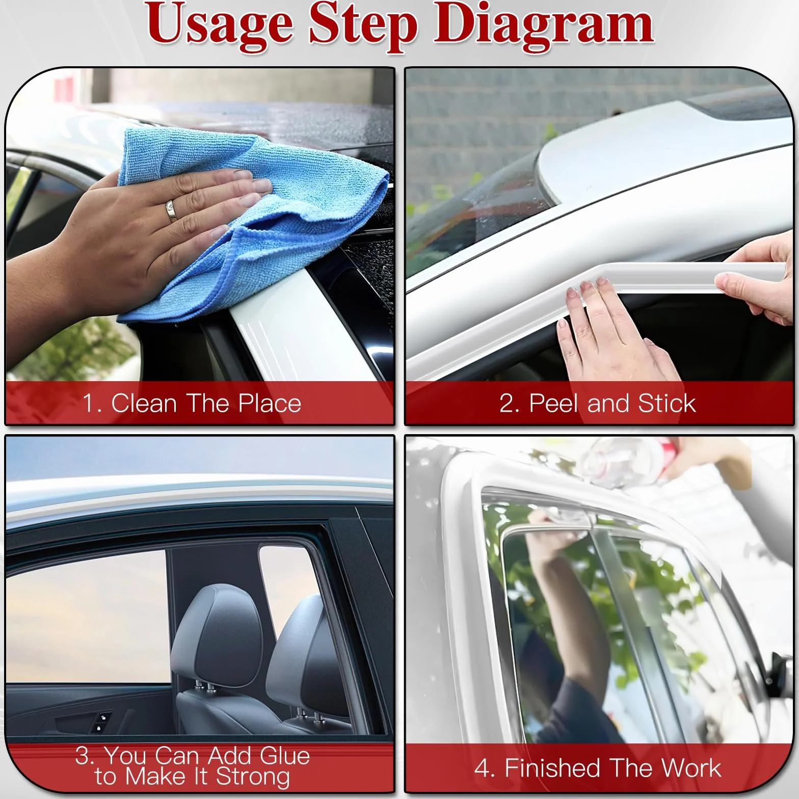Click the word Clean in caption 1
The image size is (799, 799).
point(144,403)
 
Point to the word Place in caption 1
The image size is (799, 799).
point(270,403)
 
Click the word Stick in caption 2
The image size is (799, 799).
point(667,403)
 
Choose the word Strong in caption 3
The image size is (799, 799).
point(253,778)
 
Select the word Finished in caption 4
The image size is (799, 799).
point(552,768)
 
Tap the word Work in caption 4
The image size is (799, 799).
point(691,768)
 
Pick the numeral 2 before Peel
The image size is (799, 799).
point(508,404)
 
